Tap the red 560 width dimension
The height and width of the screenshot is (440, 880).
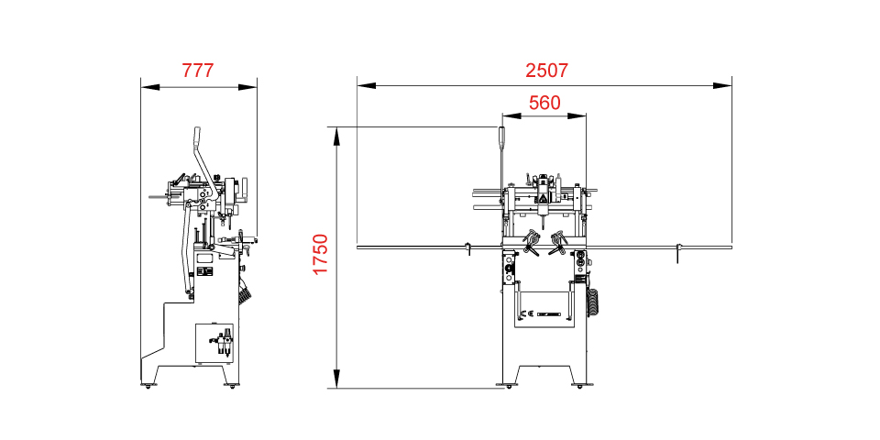pos(544,103)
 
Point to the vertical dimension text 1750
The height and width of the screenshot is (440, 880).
pos(320,255)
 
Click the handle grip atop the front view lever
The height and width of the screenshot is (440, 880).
pos(500,137)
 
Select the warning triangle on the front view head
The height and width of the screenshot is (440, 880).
pos(543,198)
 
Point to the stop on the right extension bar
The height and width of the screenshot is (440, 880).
pos(679,251)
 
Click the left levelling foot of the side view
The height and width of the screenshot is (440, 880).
pos(146,385)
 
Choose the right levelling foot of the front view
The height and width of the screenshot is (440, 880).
pos(578,387)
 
